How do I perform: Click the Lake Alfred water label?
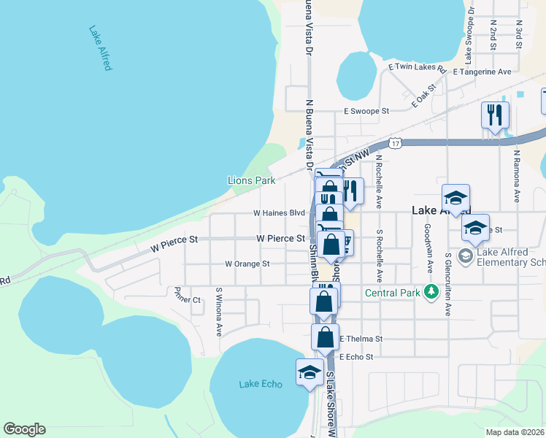point(100,48)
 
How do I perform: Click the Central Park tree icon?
point(431,293)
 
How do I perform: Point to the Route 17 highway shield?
point(395,145)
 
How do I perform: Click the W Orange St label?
point(247,264)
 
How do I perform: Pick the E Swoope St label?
point(367,112)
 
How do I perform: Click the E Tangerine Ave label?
point(482,72)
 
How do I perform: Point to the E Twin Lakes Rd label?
point(417,67)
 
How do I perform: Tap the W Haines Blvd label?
point(278,213)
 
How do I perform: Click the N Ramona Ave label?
point(516,177)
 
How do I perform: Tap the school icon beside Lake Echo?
point(309,372)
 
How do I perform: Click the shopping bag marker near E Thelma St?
point(326,338)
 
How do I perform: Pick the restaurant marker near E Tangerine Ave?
point(495,115)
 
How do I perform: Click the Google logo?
point(24,429)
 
